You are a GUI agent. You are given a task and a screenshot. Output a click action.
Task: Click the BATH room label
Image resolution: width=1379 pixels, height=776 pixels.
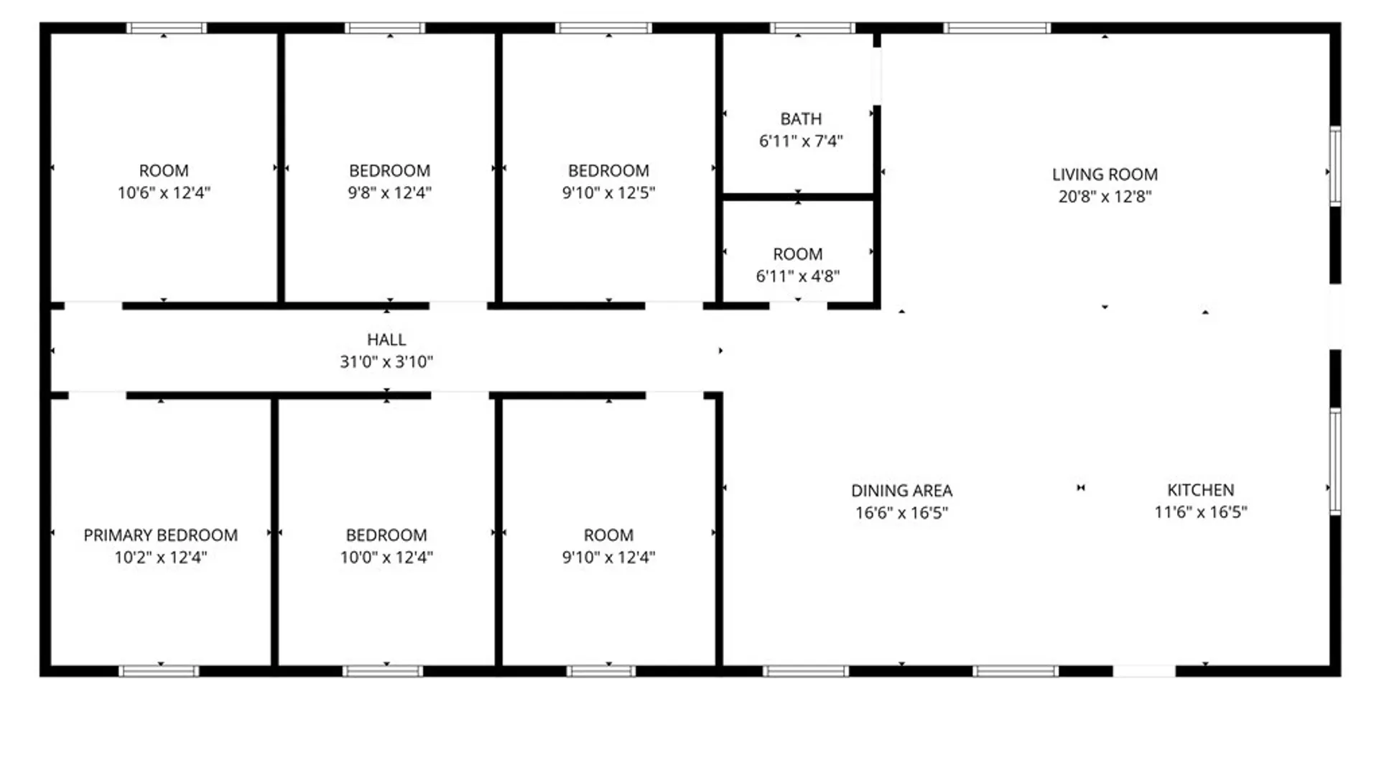801,119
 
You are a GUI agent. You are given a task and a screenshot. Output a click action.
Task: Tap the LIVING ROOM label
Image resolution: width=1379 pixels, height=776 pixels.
1105,175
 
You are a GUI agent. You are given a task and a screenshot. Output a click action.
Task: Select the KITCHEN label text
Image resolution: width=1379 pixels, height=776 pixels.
1200,490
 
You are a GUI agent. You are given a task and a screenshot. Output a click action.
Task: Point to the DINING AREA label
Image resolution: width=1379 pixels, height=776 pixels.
901,491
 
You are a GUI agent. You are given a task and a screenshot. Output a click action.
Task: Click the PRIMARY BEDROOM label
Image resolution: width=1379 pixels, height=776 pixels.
160,535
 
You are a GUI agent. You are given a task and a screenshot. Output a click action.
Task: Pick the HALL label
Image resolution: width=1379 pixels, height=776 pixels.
386,340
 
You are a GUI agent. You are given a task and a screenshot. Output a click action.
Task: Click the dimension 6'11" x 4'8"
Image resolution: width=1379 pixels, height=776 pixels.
797,277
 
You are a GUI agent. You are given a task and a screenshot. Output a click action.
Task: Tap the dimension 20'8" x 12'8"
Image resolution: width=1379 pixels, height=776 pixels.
1105,197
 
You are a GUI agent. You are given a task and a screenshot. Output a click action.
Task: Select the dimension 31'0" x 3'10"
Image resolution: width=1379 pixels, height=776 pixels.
386,362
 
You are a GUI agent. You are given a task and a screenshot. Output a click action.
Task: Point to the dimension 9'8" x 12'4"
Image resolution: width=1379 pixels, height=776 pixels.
389,193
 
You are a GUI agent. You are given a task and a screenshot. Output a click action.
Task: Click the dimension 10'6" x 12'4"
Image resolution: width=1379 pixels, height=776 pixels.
164,193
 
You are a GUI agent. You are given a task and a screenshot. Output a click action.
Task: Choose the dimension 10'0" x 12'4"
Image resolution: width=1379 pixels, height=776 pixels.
386,558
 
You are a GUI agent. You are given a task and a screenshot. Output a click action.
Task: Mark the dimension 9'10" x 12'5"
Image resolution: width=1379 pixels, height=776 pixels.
608,193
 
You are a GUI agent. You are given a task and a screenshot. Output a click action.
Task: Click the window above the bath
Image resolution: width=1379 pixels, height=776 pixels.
812,28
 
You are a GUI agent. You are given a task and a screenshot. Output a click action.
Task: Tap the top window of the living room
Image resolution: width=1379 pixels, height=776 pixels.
997,28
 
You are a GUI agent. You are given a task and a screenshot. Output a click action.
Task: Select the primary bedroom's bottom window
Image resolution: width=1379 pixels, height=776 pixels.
159,671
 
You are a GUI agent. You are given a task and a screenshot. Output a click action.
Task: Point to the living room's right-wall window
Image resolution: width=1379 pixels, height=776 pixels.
1335,166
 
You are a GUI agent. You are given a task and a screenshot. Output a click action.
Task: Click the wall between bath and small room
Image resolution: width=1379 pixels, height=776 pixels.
798,196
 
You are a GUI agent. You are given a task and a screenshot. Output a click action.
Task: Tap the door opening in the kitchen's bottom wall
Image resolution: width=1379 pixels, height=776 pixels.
1144,671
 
